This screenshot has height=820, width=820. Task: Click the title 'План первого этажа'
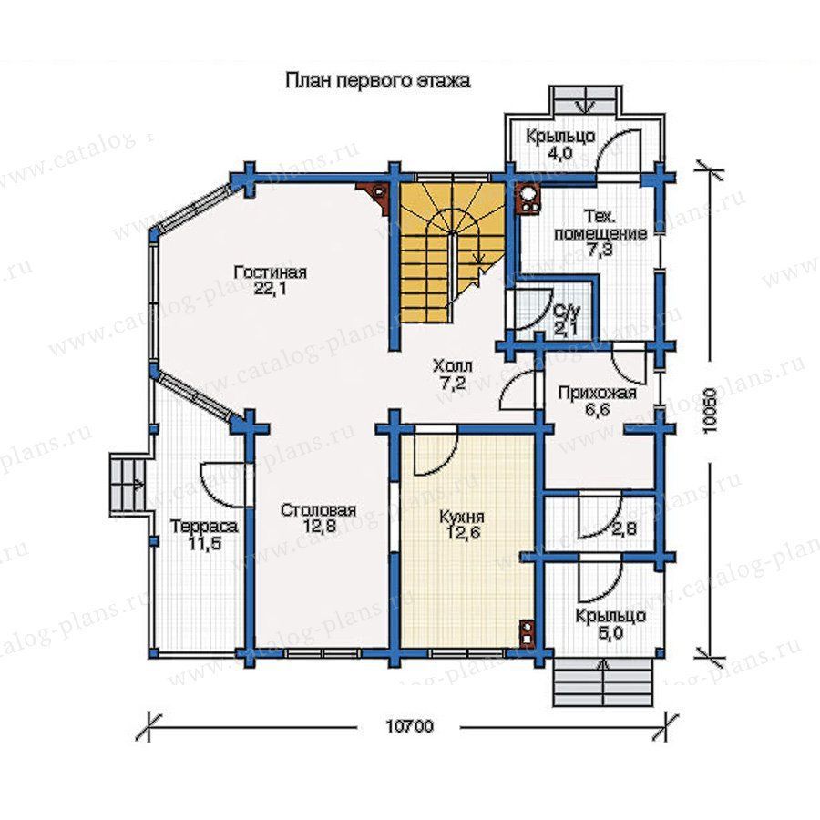(377, 81)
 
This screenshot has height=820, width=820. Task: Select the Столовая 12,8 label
(318, 518)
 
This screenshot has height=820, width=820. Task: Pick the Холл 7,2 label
(452, 374)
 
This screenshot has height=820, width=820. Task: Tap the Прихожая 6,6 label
(597, 401)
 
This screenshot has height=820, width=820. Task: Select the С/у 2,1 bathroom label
(566, 320)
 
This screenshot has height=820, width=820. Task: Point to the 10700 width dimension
(409, 726)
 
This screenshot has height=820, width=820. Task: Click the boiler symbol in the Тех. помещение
(528, 200)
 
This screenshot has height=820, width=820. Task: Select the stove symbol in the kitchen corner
(528, 631)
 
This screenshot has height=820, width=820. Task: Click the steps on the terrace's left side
(127, 484)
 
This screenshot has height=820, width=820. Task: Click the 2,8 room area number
(623, 528)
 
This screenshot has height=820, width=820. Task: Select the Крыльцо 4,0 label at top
(560, 145)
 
